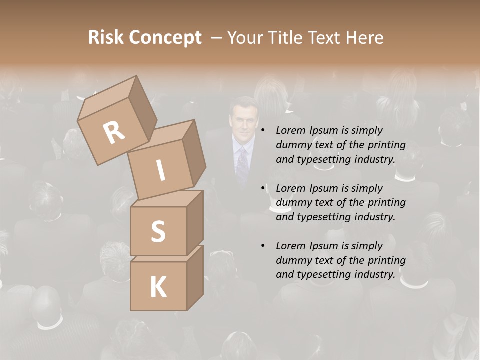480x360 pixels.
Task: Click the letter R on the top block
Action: click(x=114, y=132)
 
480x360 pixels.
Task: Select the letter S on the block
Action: click(x=158, y=231)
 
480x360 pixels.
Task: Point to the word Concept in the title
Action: click(x=165, y=38)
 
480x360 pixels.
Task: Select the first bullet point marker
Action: click(x=263, y=130)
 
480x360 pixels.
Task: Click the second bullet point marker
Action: click(x=263, y=188)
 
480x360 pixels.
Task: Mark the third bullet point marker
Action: click(x=263, y=246)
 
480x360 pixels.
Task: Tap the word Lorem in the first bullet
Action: click(x=289, y=130)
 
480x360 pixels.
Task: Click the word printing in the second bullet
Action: click(x=387, y=202)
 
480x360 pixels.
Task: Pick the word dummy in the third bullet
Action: click(x=293, y=260)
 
